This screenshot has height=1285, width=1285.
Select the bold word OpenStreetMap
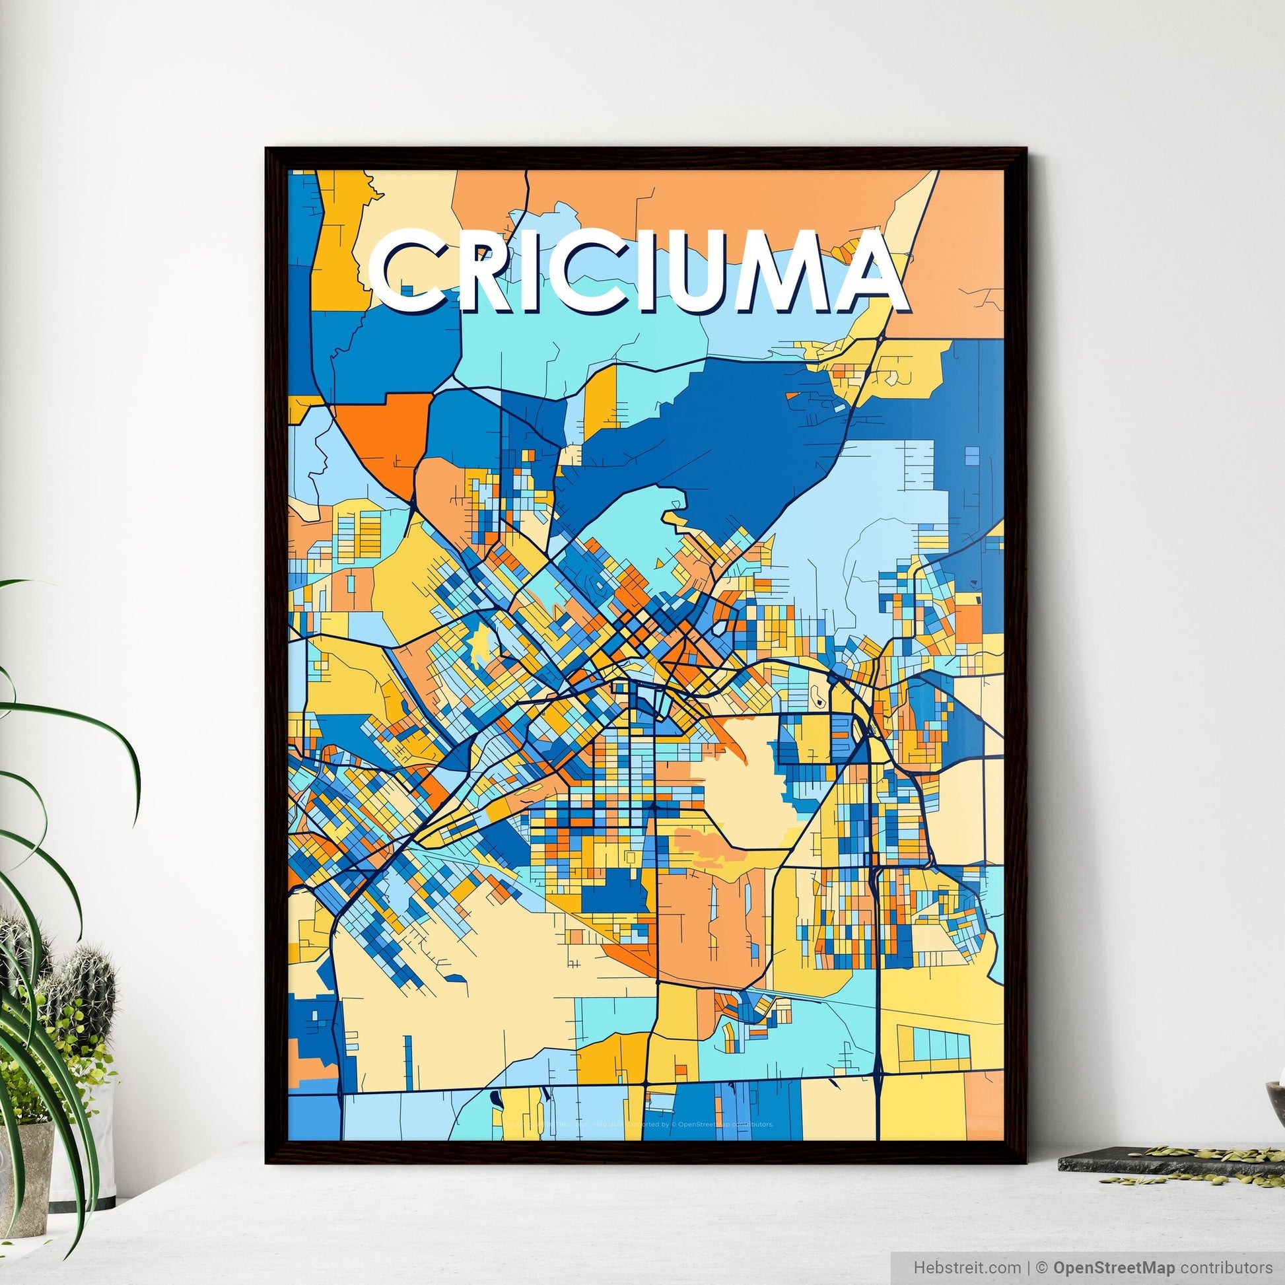click(x=1098, y=1267)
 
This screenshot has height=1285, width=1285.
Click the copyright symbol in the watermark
click(x=1038, y=1267)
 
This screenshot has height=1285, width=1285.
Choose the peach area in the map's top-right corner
click(x=965, y=253)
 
